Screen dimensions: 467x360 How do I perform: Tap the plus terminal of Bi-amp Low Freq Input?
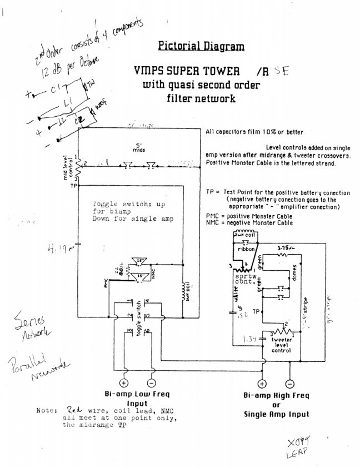click(123, 384)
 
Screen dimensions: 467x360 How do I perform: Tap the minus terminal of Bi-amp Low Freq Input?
click(151, 384)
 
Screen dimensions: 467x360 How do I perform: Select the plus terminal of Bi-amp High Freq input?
click(261, 384)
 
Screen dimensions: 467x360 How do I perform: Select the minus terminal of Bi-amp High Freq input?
click(289, 384)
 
